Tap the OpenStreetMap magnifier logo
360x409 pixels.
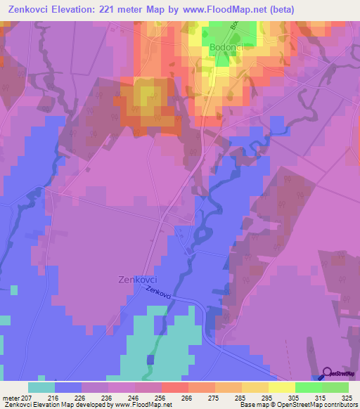pos(328,373)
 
